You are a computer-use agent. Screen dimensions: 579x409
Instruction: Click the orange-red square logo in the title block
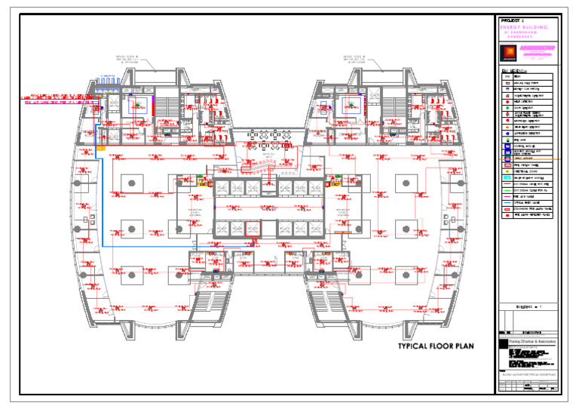coord(507,51)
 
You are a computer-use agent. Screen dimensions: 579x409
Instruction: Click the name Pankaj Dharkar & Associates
coord(532,342)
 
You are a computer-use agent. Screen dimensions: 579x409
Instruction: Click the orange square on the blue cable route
coord(100,150)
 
